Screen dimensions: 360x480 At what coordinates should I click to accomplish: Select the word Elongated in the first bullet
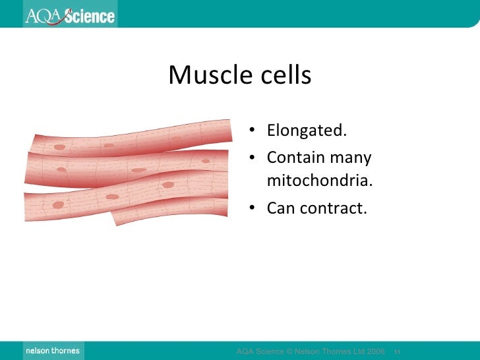point(306,131)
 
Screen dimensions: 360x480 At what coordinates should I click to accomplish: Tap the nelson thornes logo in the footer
point(53,351)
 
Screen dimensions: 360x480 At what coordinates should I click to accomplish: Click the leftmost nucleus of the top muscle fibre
point(60,147)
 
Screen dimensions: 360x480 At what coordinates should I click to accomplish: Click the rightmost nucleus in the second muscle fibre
point(206,160)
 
